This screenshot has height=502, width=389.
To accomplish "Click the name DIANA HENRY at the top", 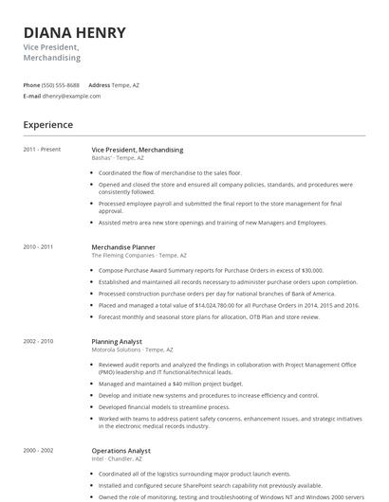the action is [74, 32].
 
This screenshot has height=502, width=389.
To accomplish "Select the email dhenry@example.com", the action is [71, 96].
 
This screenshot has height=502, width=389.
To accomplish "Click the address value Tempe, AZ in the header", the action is [125, 85].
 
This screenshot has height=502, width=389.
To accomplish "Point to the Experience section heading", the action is [48, 124].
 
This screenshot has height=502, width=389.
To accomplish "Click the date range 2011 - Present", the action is [42, 150].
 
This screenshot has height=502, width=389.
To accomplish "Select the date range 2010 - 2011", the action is [39, 246].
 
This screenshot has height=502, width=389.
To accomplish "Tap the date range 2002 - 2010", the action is [39, 341].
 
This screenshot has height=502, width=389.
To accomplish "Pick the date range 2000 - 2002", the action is [39, 450].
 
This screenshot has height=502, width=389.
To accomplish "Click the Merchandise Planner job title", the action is [123, 246].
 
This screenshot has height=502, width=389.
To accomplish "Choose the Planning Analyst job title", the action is [117, 341].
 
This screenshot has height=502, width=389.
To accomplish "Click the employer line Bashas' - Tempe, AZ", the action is [118, 158].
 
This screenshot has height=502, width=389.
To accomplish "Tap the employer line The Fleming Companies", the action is [132, 255].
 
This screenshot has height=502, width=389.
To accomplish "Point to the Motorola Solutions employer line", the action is [132, 350].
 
